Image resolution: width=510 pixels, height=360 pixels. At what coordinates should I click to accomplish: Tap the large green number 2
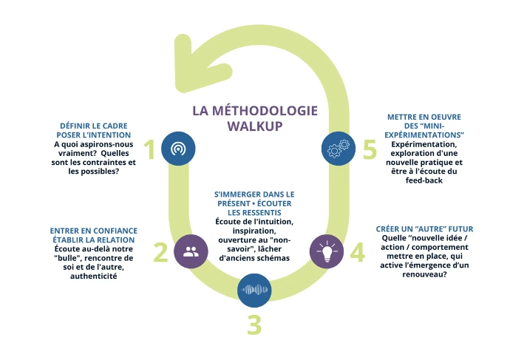pos(160,253)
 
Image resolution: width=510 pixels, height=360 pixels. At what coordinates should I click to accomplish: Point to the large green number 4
pos(357,253)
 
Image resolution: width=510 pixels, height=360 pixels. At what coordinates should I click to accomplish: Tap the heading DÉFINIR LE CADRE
pos(95,126)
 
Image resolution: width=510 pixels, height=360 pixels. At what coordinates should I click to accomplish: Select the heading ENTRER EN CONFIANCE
pos(91,230)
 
